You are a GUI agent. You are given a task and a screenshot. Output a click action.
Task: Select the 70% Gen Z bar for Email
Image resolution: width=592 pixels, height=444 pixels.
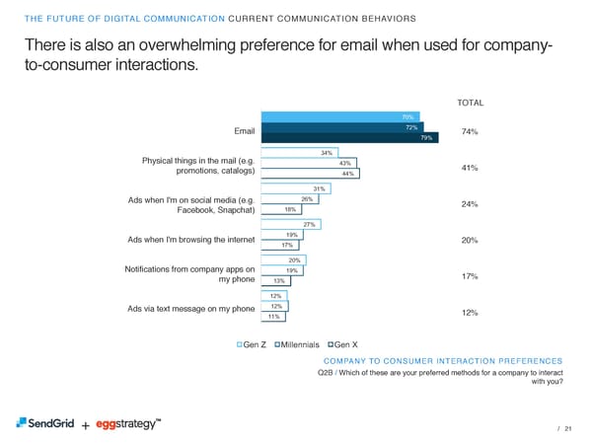coord(338,116)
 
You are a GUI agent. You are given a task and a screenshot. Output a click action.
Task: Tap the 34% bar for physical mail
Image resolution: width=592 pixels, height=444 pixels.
coord(298,152)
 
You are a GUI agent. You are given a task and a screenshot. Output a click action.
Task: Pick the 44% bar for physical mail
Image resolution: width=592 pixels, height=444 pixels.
coord(309,174)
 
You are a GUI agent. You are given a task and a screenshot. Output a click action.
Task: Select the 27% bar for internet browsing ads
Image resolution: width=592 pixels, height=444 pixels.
coord(290,224)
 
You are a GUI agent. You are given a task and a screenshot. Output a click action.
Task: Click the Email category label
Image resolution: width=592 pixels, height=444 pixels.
coord(244,131)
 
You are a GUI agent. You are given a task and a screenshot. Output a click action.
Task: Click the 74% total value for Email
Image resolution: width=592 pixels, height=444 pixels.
coord(470,132)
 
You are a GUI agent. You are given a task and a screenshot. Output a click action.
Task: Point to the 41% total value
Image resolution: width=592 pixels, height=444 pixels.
coord(470,168)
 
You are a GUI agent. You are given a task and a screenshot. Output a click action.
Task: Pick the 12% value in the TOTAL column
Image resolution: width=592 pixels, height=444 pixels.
coord(470,313)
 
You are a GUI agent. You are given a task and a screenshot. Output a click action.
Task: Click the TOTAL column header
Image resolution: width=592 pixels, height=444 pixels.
coord(470,103)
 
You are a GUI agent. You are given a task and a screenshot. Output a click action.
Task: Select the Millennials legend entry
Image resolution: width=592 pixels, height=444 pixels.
coord(296,344)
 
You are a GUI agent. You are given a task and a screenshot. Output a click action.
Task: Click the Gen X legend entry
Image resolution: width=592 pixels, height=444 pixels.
coord(341,344)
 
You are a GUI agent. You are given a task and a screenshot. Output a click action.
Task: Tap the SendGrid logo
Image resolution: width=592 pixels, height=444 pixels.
coord(43,423)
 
